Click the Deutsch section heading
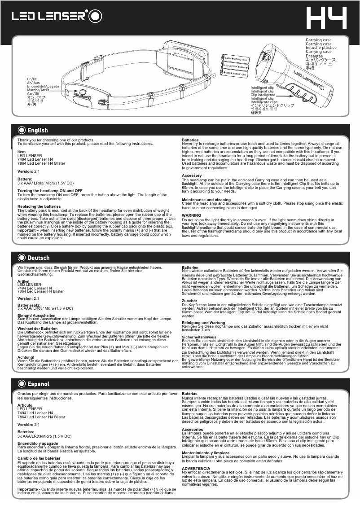click(x=38, y=258)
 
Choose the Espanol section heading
click(x=38, y=384)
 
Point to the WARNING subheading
click(x=191, y=215)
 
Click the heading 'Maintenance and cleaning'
click(x=206, y=200)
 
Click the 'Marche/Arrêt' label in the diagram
click(x=37, y=89)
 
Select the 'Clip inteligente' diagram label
click(x=263, y=95)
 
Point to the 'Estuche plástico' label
click(x=321, y=48)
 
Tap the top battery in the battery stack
click(x=237, y=59)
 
